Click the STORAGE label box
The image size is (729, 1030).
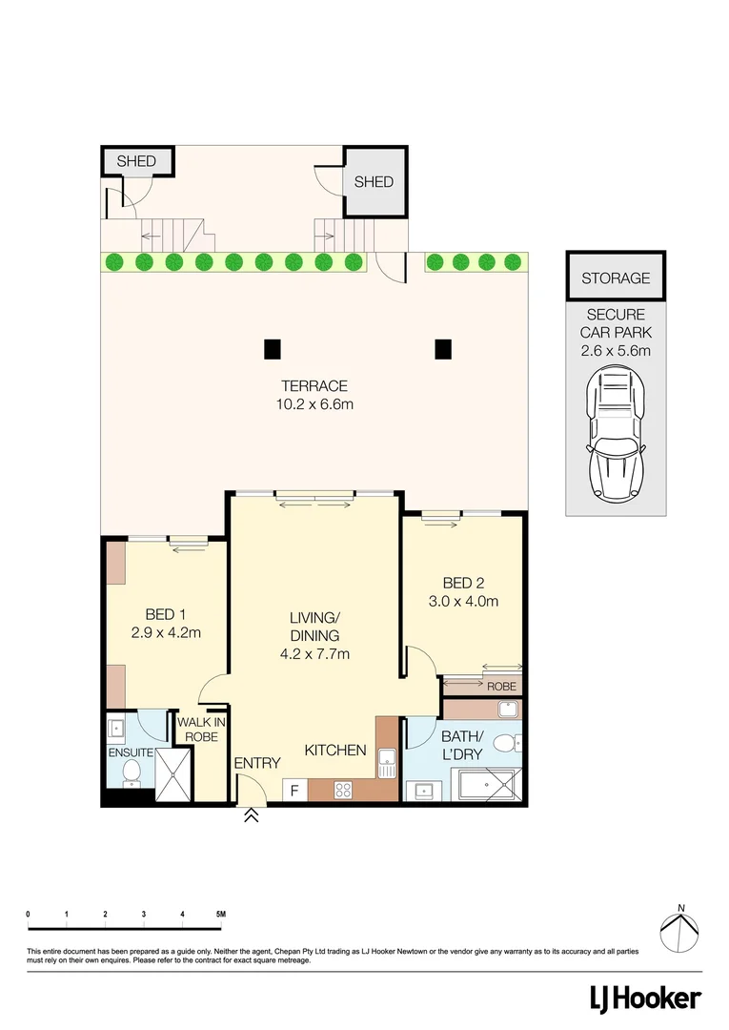coord(616,278)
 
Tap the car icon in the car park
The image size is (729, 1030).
coord(616,435)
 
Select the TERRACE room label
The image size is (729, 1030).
coord(314,386)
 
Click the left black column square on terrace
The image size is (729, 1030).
coord(273,349)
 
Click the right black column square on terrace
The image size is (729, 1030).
coord(442,349)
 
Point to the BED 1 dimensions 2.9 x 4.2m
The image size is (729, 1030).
coord(166,631)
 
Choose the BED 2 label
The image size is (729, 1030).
coord(464,583)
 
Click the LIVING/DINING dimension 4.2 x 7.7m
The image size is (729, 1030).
coord(314,653)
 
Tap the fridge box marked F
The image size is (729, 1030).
coord(294,791)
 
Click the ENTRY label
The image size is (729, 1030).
coord(257,763)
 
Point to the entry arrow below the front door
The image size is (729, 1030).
coord(252,815)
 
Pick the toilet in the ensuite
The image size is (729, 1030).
coord(132,770)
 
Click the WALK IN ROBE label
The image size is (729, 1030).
coord(201,730)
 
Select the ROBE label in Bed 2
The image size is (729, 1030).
coord(500,687)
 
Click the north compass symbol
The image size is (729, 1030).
coord(679,930)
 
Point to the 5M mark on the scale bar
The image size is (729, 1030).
coord(220,915)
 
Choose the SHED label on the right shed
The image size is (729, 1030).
coord(374,181)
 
